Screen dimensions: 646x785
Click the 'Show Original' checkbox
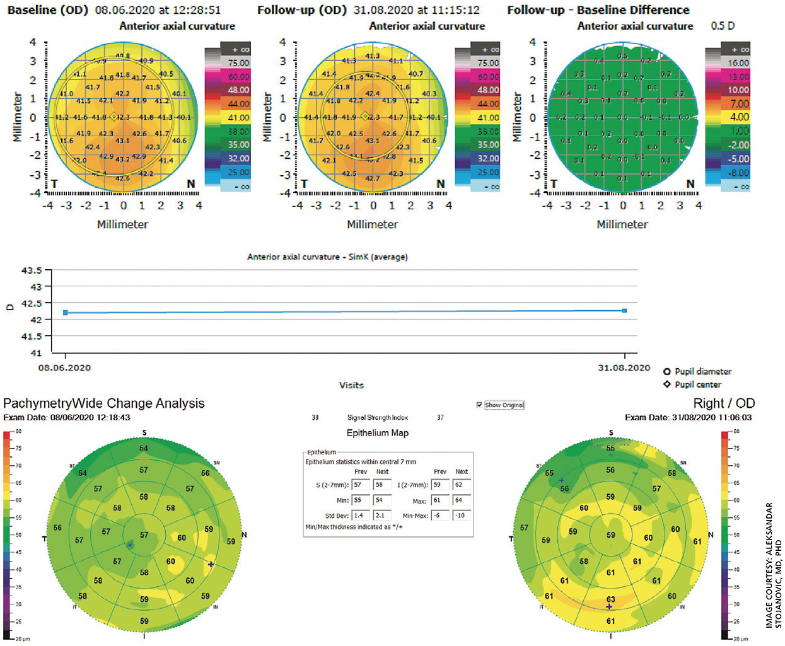pos(480,405)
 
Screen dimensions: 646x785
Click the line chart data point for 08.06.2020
pos(66,313)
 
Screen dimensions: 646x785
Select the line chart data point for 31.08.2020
pos(624,311)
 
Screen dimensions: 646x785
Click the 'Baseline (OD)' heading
pos(48,10)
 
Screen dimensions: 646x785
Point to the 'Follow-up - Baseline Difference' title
pos(598,10)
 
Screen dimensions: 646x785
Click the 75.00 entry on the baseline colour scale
pos(238,63)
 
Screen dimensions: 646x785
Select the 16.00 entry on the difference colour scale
pos(738,63)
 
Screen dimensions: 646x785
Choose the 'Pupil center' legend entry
pos(697,384)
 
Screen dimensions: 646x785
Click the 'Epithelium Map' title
pos(377,433)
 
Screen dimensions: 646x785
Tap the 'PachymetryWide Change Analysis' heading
pos(104,403)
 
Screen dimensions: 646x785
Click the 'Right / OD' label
pos(724,403)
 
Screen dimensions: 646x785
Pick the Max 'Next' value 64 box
pos(461,500)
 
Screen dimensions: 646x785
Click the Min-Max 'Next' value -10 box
pos(461,516)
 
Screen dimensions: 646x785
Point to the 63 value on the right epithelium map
pos(610,599)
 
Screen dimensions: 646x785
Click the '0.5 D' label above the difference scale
pos(723,26)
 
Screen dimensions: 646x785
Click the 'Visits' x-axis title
pos(351,385)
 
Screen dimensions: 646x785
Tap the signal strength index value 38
pos(315,418)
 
